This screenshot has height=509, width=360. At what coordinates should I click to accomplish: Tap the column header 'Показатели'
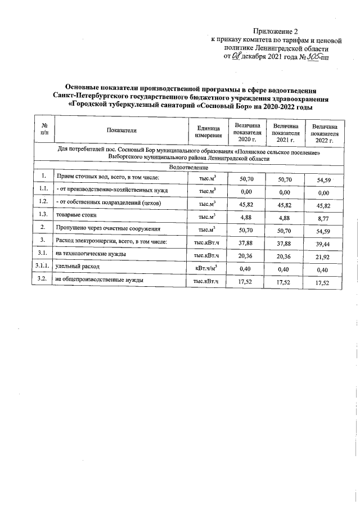click(x=121, y=130)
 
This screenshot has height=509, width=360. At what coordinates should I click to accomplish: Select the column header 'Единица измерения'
click(x=205, y=130)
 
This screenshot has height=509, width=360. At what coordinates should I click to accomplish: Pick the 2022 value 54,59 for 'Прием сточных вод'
click(x=323, y=179)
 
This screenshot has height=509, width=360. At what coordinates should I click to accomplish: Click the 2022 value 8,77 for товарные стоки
click(x=323, y=216)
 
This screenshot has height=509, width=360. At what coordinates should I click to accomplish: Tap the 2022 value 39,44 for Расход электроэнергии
click(x=323, y=242)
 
